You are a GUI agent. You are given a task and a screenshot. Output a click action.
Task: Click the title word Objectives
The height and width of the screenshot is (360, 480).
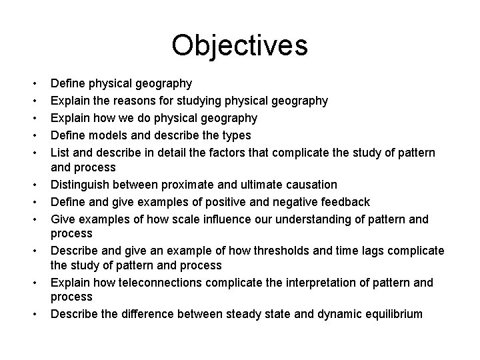click(239, 46)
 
